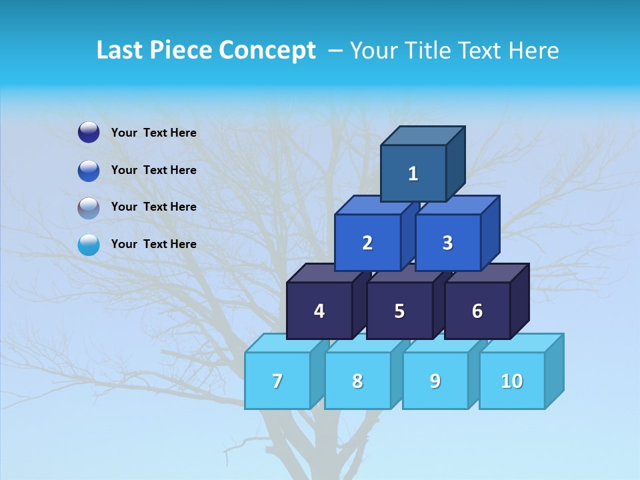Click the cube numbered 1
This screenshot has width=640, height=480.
coord(413,173)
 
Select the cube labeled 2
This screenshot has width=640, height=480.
coord(367,243)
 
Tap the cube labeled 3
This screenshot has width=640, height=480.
coord(447,243)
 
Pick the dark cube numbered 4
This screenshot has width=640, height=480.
coord(319,311)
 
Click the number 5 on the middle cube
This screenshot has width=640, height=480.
coord(399,311)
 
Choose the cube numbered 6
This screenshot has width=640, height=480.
coord(477,311)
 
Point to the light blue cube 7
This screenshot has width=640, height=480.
coord(277,381)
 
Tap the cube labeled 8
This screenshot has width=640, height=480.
coord(357,381)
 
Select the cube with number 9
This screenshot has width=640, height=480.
coord(435,381)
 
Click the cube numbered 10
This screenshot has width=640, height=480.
coord(511,381)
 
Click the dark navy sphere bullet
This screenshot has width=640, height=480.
coord(89,133)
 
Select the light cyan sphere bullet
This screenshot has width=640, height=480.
coord(89,245)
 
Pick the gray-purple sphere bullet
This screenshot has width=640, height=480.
coord(89,208)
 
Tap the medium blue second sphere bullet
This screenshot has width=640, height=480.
coord(89,171)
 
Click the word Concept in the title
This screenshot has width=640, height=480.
coord(267,51)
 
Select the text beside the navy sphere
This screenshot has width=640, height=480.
coord(154,133)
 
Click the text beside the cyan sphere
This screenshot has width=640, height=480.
coord(154,244)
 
